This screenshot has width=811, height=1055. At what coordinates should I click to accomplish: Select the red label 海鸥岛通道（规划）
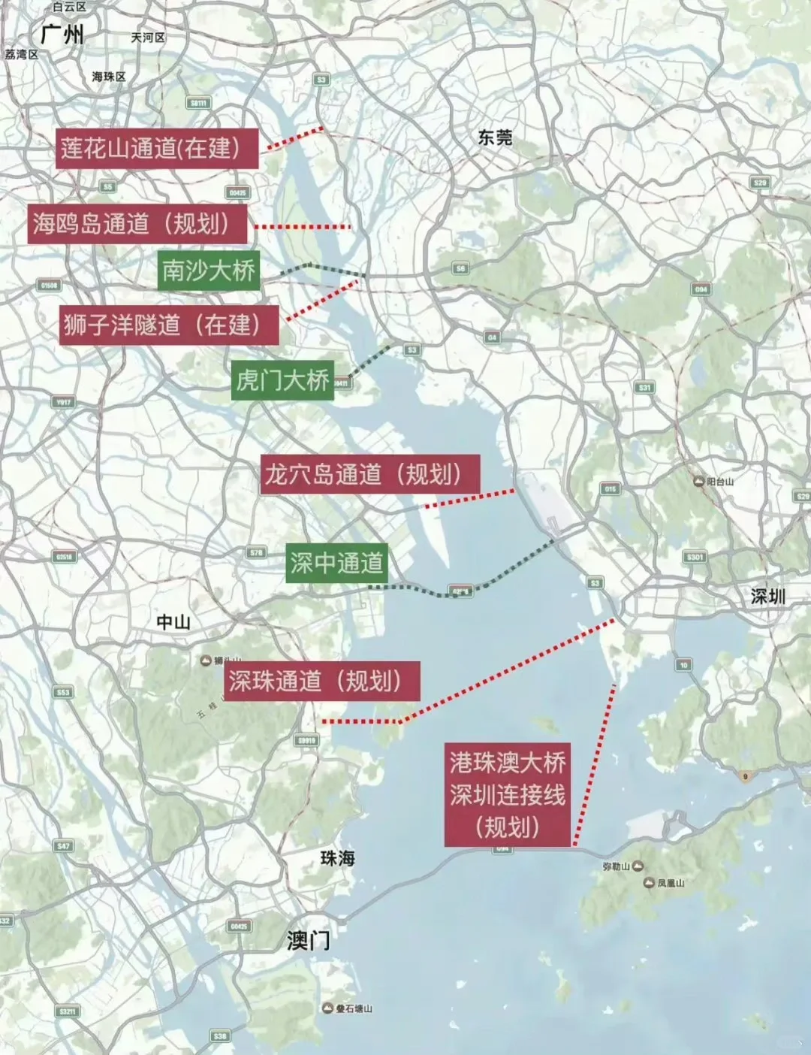[137, 223]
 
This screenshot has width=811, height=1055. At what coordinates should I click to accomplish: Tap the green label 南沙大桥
[209, 270]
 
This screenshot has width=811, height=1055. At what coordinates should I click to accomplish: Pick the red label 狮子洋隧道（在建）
[169, 325]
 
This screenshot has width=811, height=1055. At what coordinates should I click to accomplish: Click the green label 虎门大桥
[282, 380]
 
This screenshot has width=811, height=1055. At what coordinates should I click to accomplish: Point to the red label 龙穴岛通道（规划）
[370, 474]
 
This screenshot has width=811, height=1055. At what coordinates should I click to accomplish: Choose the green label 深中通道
[337, 562]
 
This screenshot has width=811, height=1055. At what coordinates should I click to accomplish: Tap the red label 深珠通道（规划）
[322, 681]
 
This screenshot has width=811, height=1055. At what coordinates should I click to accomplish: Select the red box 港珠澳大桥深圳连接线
[507, 795]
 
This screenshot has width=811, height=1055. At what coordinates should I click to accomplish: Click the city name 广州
[62, 34]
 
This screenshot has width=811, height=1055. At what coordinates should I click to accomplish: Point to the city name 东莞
[496, 137]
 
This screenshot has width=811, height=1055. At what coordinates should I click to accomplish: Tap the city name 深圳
[767, 596]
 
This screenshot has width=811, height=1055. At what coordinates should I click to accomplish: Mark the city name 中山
[173, 621]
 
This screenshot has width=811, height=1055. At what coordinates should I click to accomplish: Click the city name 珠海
[338, 857]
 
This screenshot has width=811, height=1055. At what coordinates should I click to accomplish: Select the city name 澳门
[308, 940]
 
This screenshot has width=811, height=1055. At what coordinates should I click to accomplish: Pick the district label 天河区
[148, 37]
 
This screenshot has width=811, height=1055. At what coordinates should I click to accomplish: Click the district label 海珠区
[109, 77]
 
